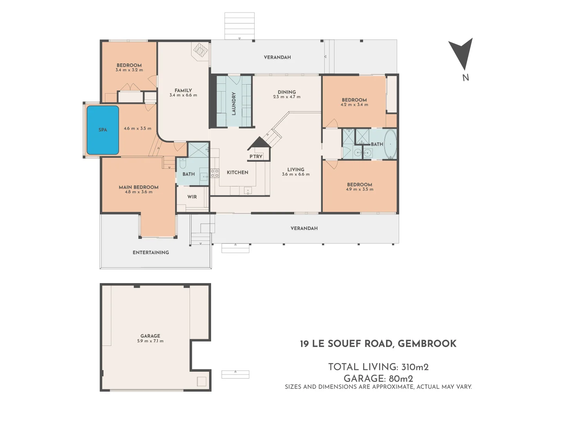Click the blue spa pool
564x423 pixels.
pyautogui.click(x=103, y=130)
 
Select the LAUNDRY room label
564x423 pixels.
pyautogui.click(x=234, y=103)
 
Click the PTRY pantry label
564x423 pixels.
pyautogui.click(x=256, y=157)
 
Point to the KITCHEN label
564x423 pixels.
pyautogui.click(x=237, y=172)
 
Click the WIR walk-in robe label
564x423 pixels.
pyautogui.click(x=192, y=197)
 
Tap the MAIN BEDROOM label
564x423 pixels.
pyautogui.click(x=139, y=187)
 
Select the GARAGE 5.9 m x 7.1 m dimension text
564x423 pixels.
pyautogui.click(x=150, y=341)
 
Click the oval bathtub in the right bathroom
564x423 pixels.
pyautogui.click(x=390, y=144)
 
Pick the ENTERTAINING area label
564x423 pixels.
pyautogui.click(x=151, y=253)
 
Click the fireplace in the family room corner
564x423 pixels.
pyautogui.click(x=200, y=50)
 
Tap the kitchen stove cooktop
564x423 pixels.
pyautogui.click(x=215, y=173)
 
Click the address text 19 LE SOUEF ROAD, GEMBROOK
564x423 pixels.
pyautogui.click(x=378, y=344)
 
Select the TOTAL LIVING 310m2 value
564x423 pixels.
pyautogui.click(x=415, y=367)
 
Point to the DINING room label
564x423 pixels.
pyautogui.click(x=287, y=92)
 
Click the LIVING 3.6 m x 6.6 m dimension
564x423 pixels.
pyautogui.click(x=296, y=175)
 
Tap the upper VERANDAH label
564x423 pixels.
pyautogui.click(x=277, y=57)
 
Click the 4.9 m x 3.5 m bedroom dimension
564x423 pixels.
pyautogui.click(x=360, y=190)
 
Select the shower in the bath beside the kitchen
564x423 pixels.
pyautogui.click(x=199, y=150)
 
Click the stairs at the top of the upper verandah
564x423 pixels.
pyautogui.click(x=239, y=26)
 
